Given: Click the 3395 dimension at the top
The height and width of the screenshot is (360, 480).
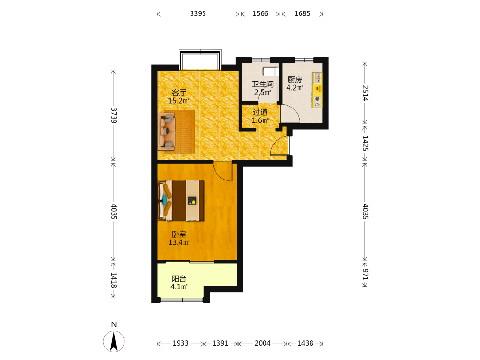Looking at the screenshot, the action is [198, 14].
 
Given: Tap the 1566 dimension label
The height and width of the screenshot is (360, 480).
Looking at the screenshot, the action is [260, 14].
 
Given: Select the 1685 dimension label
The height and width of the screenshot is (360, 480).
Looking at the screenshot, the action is [302, 14].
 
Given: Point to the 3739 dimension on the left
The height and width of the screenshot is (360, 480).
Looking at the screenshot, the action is [114, 115].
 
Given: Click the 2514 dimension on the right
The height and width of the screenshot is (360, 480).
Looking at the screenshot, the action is [365, 93].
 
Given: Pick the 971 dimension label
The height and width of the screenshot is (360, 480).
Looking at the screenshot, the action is [365, 274].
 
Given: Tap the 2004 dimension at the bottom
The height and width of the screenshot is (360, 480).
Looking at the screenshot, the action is [263, 344].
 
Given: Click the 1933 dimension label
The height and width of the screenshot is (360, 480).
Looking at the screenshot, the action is [180, 344].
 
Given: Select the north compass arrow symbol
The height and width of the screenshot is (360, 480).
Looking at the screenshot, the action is [114, 341].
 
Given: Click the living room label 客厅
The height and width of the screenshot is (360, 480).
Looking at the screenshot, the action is [179, 93].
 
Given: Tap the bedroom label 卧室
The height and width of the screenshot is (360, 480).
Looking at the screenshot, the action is [179, 235].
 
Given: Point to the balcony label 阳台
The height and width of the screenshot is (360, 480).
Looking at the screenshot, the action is [179, 279].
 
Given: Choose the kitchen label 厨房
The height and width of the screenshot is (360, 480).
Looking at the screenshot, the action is [295, 80].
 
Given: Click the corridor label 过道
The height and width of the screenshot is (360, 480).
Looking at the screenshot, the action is [260, 112].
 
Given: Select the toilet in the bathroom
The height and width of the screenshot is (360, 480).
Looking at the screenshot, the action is [271, 72].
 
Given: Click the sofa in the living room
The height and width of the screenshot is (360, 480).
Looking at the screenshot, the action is [167, 132].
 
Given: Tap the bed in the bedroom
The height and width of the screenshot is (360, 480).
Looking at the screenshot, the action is [181, 201].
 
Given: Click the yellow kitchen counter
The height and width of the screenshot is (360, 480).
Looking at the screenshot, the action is [317, 90].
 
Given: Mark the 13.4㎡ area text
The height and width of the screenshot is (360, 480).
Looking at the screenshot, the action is [179, 242].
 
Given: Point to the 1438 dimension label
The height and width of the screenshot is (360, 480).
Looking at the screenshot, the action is [305, 344].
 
